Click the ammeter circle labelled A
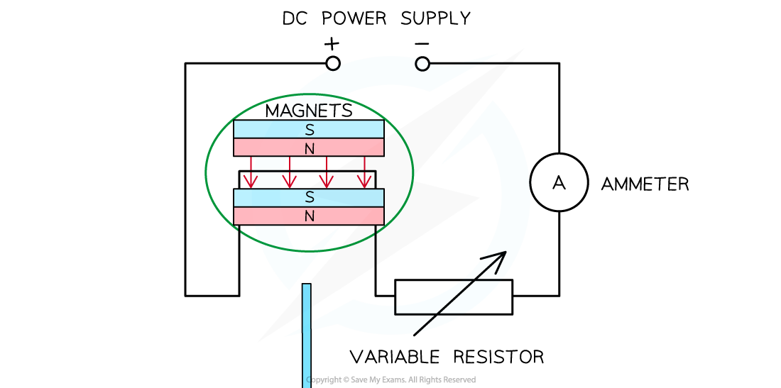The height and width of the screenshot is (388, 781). point(559,182)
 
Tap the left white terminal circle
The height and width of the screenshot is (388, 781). point(333,64)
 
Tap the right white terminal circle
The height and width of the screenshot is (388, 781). point(422,65)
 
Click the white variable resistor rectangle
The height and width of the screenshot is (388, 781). point(453,297)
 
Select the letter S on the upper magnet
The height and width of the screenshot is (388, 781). point(310,130)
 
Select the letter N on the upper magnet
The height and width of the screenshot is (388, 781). point(310,149)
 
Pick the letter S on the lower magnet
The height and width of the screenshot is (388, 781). point(310,198)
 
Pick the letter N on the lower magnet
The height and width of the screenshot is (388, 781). point(310,216)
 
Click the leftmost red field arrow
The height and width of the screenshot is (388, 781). point(251,174)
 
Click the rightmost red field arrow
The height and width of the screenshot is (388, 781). point(364,174)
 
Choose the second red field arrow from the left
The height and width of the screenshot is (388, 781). point(289,174)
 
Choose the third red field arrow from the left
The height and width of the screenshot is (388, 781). point(327,174)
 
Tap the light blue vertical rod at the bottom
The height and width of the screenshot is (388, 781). point(307,333)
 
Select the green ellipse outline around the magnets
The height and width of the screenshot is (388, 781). point(206,172)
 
